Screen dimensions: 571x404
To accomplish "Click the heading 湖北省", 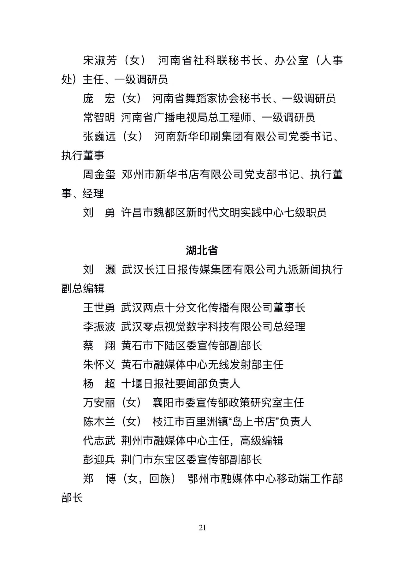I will pos(202,251).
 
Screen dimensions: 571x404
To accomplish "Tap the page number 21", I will pos(202,527).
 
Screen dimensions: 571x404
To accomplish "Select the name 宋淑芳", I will pos(99,60).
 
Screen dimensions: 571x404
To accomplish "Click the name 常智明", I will pos(99,117).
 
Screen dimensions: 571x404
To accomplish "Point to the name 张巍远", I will pos(99,137).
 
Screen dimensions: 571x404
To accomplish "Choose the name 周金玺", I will pos(99,175).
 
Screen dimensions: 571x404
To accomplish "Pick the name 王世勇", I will pos(99,307).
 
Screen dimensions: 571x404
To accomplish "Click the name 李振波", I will pos(99,326).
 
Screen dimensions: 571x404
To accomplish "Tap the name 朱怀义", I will pos(99,365).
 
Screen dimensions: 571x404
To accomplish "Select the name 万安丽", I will pos(99,402).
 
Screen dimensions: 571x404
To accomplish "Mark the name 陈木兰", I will pos(99,421).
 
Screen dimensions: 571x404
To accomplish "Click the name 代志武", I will pos(99,440).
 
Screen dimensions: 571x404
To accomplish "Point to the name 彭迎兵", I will pos(99,460).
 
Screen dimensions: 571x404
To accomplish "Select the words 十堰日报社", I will pos(148,384).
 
